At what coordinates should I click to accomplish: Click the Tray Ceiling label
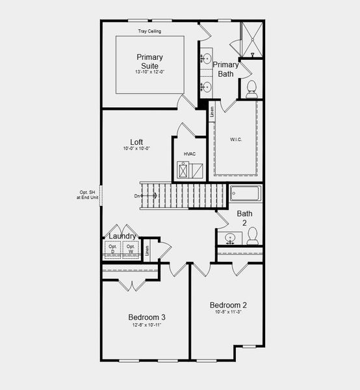click(149, 31)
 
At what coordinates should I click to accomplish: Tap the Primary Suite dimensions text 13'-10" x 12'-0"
click(149, 72)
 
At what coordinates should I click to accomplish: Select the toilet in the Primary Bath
click(251, 90)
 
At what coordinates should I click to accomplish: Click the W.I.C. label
click(236, 140)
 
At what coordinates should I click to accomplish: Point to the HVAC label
click(190, 154)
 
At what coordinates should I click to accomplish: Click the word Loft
click(136, 142)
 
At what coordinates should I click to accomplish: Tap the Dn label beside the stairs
click(137, 196)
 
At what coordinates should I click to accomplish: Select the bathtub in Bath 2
click(245, 194)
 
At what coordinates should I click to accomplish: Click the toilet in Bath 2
click(253, 235)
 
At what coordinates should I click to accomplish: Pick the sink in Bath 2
click(229, 239)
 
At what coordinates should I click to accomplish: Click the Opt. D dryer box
click(113, 249)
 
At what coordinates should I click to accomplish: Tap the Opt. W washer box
click(131, 249)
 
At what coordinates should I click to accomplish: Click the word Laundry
click(122, 236)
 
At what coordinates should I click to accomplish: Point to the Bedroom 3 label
click(146, 317)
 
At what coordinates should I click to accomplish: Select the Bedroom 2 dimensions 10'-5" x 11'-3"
click(227, 312)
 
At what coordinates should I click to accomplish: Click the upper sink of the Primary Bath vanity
click(207, 59)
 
